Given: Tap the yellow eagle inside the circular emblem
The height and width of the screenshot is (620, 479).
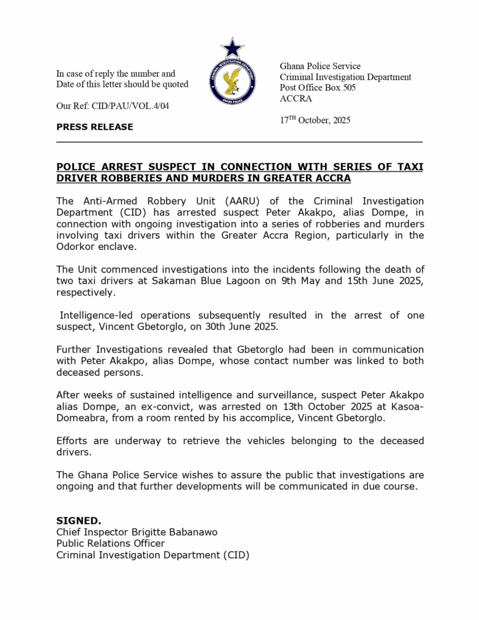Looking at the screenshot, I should tap(232, 81).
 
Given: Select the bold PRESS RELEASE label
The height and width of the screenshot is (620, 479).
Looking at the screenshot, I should tap(94, 127).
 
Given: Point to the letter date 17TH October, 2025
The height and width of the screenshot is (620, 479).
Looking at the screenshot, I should tap(315, 120).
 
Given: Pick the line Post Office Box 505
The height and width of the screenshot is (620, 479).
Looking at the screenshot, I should tap(317, 88).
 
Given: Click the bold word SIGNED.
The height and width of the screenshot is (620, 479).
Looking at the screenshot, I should tap(79, 521).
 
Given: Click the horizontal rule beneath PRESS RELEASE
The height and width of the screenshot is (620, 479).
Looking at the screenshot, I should tap(239, 142).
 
